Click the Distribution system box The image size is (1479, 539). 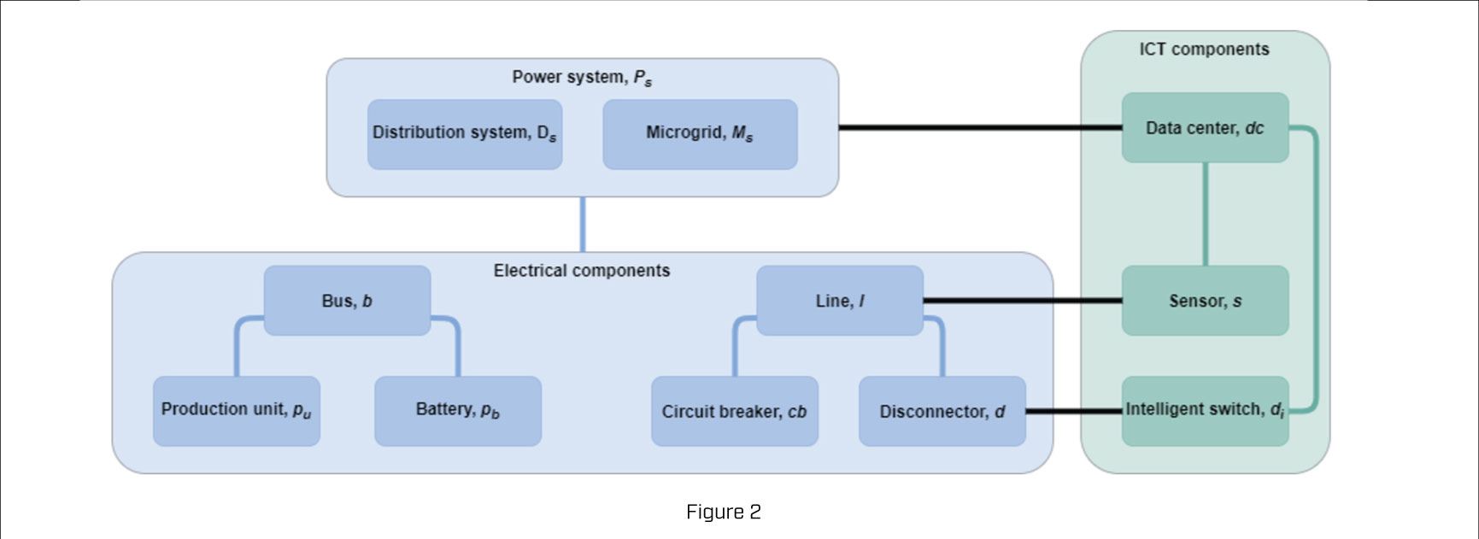click(465, 134)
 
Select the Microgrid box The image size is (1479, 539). click(700, 134)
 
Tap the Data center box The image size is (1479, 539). click(1205, 128)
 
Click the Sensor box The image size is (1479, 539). click(1205, 301)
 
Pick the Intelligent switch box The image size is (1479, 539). click(1205, 411)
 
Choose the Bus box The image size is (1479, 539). click(347, 301)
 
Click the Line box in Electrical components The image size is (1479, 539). click(839, 301)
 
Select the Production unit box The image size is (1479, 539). click(237, 411)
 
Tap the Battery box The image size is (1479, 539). click(458, 411)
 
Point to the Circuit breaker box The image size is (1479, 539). click(734, 412)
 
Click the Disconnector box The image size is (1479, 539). click(942, 412)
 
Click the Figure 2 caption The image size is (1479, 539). click(723, 512)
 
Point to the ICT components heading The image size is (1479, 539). click(1204, 50)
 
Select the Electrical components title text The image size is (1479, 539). click(582, 271)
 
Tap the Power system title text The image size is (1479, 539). click(582, 78)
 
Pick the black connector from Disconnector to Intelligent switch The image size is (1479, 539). click(1072, 412)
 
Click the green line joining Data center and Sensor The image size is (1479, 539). click(1206, 214)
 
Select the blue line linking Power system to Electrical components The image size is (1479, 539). click(583, 225)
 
